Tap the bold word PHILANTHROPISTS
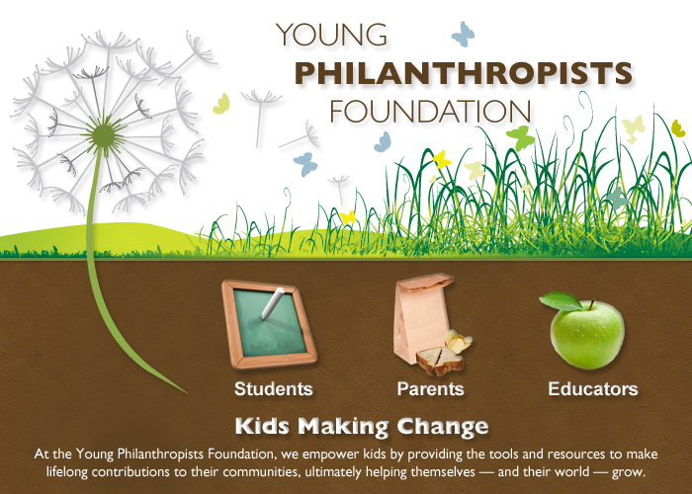point(464,73)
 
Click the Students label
point(274,388)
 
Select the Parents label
point(430,388)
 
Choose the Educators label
point(593,388)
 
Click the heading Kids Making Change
point(362,427)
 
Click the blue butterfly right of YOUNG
point(463,35)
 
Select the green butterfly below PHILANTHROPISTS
point(520,136)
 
